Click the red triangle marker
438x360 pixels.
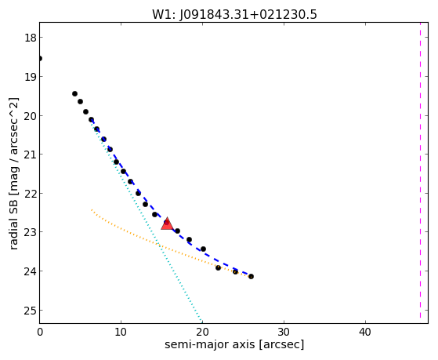(x=167, y=224)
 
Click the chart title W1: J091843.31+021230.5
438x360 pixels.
(x=234, y=14)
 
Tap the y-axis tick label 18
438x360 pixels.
(x=30, y=38)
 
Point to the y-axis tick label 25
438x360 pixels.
(x=30, y=311)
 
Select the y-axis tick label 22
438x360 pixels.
(x=30, y=193)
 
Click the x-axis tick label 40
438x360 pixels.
(x=365, y=332)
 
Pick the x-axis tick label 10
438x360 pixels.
(x=121, y=332)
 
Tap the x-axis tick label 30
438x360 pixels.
(x=284, y=332)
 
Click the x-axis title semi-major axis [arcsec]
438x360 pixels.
(x=234, y=344)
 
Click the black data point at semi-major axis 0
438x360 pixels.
(x=40, y=59)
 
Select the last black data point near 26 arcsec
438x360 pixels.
(x=251, y=276)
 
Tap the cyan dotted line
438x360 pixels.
(x=147, y=221)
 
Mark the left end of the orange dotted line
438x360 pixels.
(x=92, y=209)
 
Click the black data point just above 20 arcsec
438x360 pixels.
(x=204, y=249)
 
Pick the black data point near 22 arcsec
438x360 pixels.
(x=218, y=267)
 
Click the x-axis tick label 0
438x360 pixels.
(x=40, y=332)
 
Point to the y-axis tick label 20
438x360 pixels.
(x=30, y=115)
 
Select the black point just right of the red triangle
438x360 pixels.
(x=177, y=231)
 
